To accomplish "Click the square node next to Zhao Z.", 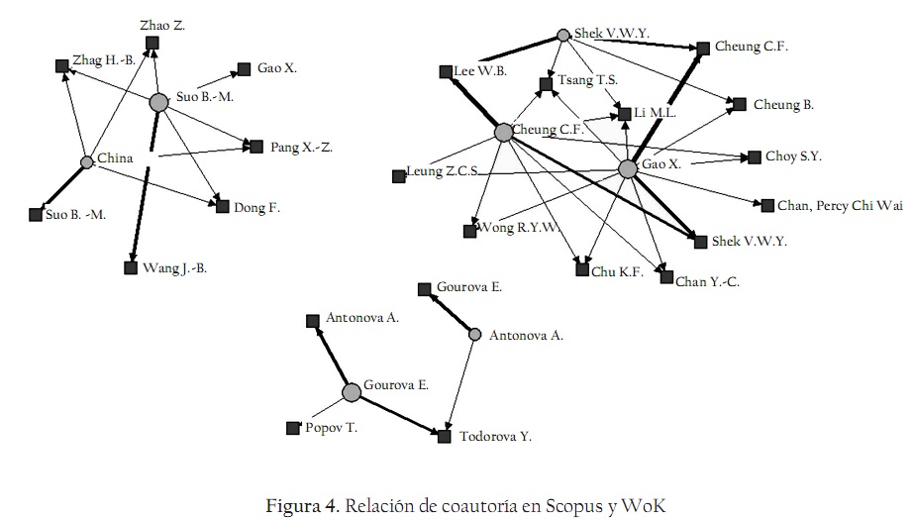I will pyautogui.click(x=152, y=43).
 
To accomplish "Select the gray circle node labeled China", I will pyautogui.click(x=86, y=161).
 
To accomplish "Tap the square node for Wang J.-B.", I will pyautogui.click(x=131, y=267).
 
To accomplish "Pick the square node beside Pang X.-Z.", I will pyautogui.click(x=256, y=146).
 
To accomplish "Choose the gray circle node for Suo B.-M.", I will pyautogui.click(x=158, y=102).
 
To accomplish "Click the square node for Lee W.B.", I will pyautogui.click(x=447, y=71).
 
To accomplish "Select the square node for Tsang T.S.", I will pyautogui.click(x=546, y=84).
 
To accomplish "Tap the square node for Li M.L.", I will pyautogui.click(x=624, y=115).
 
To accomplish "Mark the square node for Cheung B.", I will pyautogui.click(x=739, y=103).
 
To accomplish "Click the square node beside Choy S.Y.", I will pyautogui.click(x=755, y=156).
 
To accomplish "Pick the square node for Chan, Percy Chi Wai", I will pyautogui.click(x=767, y=205).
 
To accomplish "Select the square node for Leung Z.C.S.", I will pyautogui.click(x=398, y=175).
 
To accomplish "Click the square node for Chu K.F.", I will pyautogui.click(x=581, y=268).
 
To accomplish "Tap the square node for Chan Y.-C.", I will pyautogui.click(x=666, y=277).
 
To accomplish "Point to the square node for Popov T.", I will pyautogui.click(x=292, y=428).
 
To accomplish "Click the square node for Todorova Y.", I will pyautogui.click(x=445, y=435).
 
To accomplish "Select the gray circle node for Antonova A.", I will pyautogui.click(x=474, y=335).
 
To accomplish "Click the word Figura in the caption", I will pyautogui.click(x=292, y=505).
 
